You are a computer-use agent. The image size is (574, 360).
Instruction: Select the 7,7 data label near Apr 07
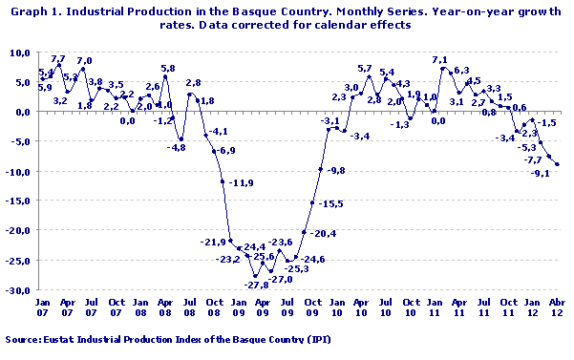click(58, 59)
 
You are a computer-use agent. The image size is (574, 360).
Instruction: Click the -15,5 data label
click(330, 204)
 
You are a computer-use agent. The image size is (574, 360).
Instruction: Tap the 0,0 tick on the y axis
click(23, 112)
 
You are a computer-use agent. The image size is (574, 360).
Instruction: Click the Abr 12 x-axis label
click(557, 310)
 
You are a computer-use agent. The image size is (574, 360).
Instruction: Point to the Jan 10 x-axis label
click(335, 310)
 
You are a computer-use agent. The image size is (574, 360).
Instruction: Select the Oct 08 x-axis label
click(214, 310)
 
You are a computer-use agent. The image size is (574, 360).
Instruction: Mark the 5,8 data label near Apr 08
click(167, 69)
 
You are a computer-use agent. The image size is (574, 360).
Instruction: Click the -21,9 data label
click(212, 243)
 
